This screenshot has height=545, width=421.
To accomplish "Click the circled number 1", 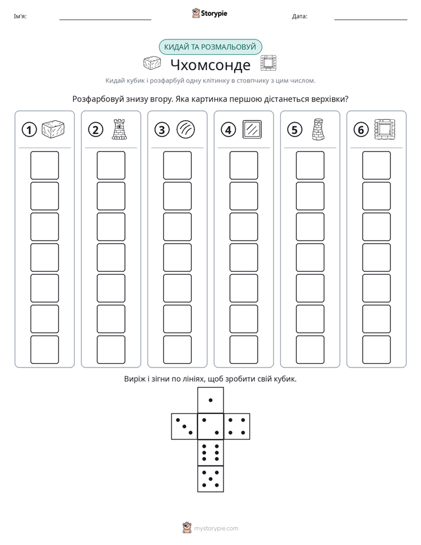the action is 29,130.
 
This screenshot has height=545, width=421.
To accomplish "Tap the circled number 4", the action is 228,130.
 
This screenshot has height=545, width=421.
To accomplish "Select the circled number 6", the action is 361,130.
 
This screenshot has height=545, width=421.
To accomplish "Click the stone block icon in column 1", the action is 53,129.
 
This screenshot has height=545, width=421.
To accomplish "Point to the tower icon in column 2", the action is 119,129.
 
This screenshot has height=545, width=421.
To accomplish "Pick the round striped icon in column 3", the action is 186,130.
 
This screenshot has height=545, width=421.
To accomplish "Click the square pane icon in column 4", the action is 252,130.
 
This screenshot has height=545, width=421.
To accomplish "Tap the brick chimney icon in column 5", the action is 318,129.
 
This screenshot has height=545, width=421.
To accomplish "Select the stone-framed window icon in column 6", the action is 385,130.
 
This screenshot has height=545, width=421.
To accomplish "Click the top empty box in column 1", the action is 44,165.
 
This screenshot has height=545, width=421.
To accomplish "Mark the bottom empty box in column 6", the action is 377,350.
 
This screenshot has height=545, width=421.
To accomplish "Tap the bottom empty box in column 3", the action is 177,350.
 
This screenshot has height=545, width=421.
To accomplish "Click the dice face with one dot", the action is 210,400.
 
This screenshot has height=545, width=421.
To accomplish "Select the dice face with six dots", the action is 210,452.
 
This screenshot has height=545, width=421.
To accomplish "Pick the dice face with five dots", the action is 210,479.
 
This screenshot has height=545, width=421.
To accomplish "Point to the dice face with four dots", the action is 237,426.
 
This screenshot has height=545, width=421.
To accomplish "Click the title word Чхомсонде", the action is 210,65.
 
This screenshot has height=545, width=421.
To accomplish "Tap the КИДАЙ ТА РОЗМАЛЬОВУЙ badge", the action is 210,47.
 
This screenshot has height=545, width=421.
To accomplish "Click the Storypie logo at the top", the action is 209,13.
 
